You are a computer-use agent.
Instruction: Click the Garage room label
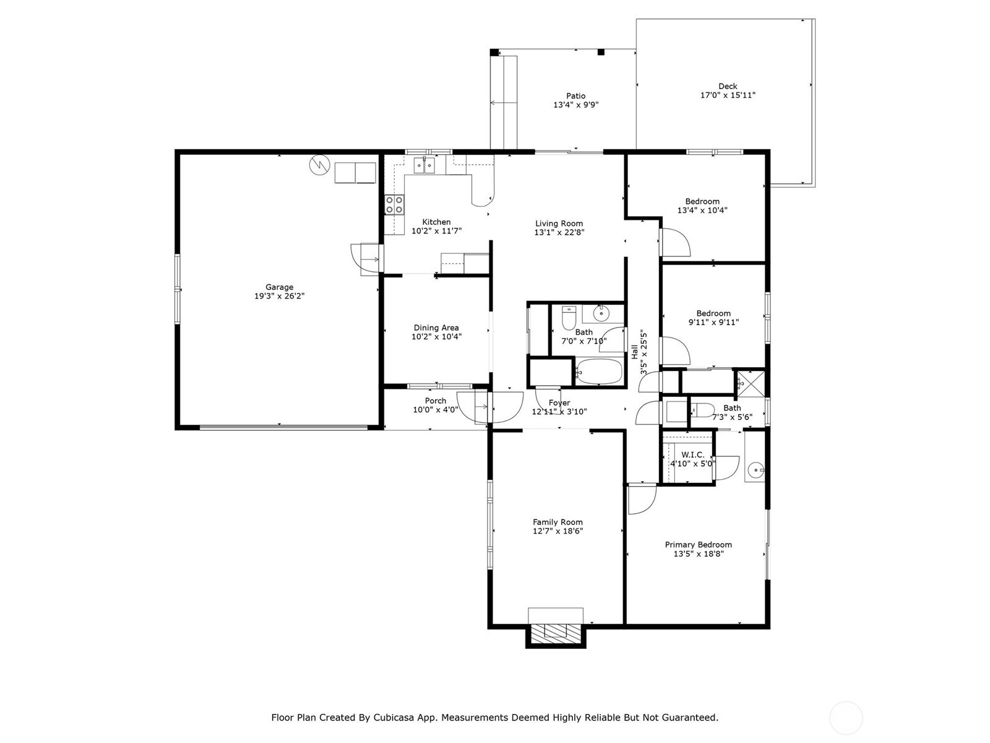pyautogui.click(x=278, y=287)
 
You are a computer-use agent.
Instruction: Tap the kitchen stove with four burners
pyautogui.click(x=394, y=204)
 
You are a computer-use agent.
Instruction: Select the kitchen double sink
pyautogui.click(x=424, y=165)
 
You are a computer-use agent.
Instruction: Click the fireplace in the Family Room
pyautogui.click(x=555, y=635)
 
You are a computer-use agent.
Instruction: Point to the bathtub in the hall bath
pyautogui.click(x=598, y=371)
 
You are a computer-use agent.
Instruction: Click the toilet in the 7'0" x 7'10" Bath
pyautogui.click(x=568, y=318)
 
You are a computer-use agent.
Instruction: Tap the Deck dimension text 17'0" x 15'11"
pyautogui.click(x=727, y=95)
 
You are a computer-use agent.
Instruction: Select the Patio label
pyautogui.click(x=575, y=95)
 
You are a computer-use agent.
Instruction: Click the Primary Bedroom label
pyautogui.click(x=698, y=544)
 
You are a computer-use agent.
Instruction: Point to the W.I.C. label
pyautogui.click(x=692, y=454)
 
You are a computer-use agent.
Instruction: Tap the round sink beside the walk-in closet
pyautogui.click(x=755, y=471)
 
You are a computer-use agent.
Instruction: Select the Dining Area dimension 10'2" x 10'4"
pyautogui.click(x=436, y=337)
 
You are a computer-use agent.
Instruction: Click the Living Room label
pyautogui.click(x=559, y=224)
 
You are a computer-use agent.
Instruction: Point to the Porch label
pyautogui.click(x=435, y=401)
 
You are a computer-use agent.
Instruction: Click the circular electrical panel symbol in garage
pyautogui.click(x=319, y=165)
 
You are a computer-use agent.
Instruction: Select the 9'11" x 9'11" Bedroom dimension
pyautogui.click(x=713, y=322)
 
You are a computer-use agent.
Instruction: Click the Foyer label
pyautogui.click(x=559, y=403)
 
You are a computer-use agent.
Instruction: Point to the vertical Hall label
pyautogui.click(x=634, y=352)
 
